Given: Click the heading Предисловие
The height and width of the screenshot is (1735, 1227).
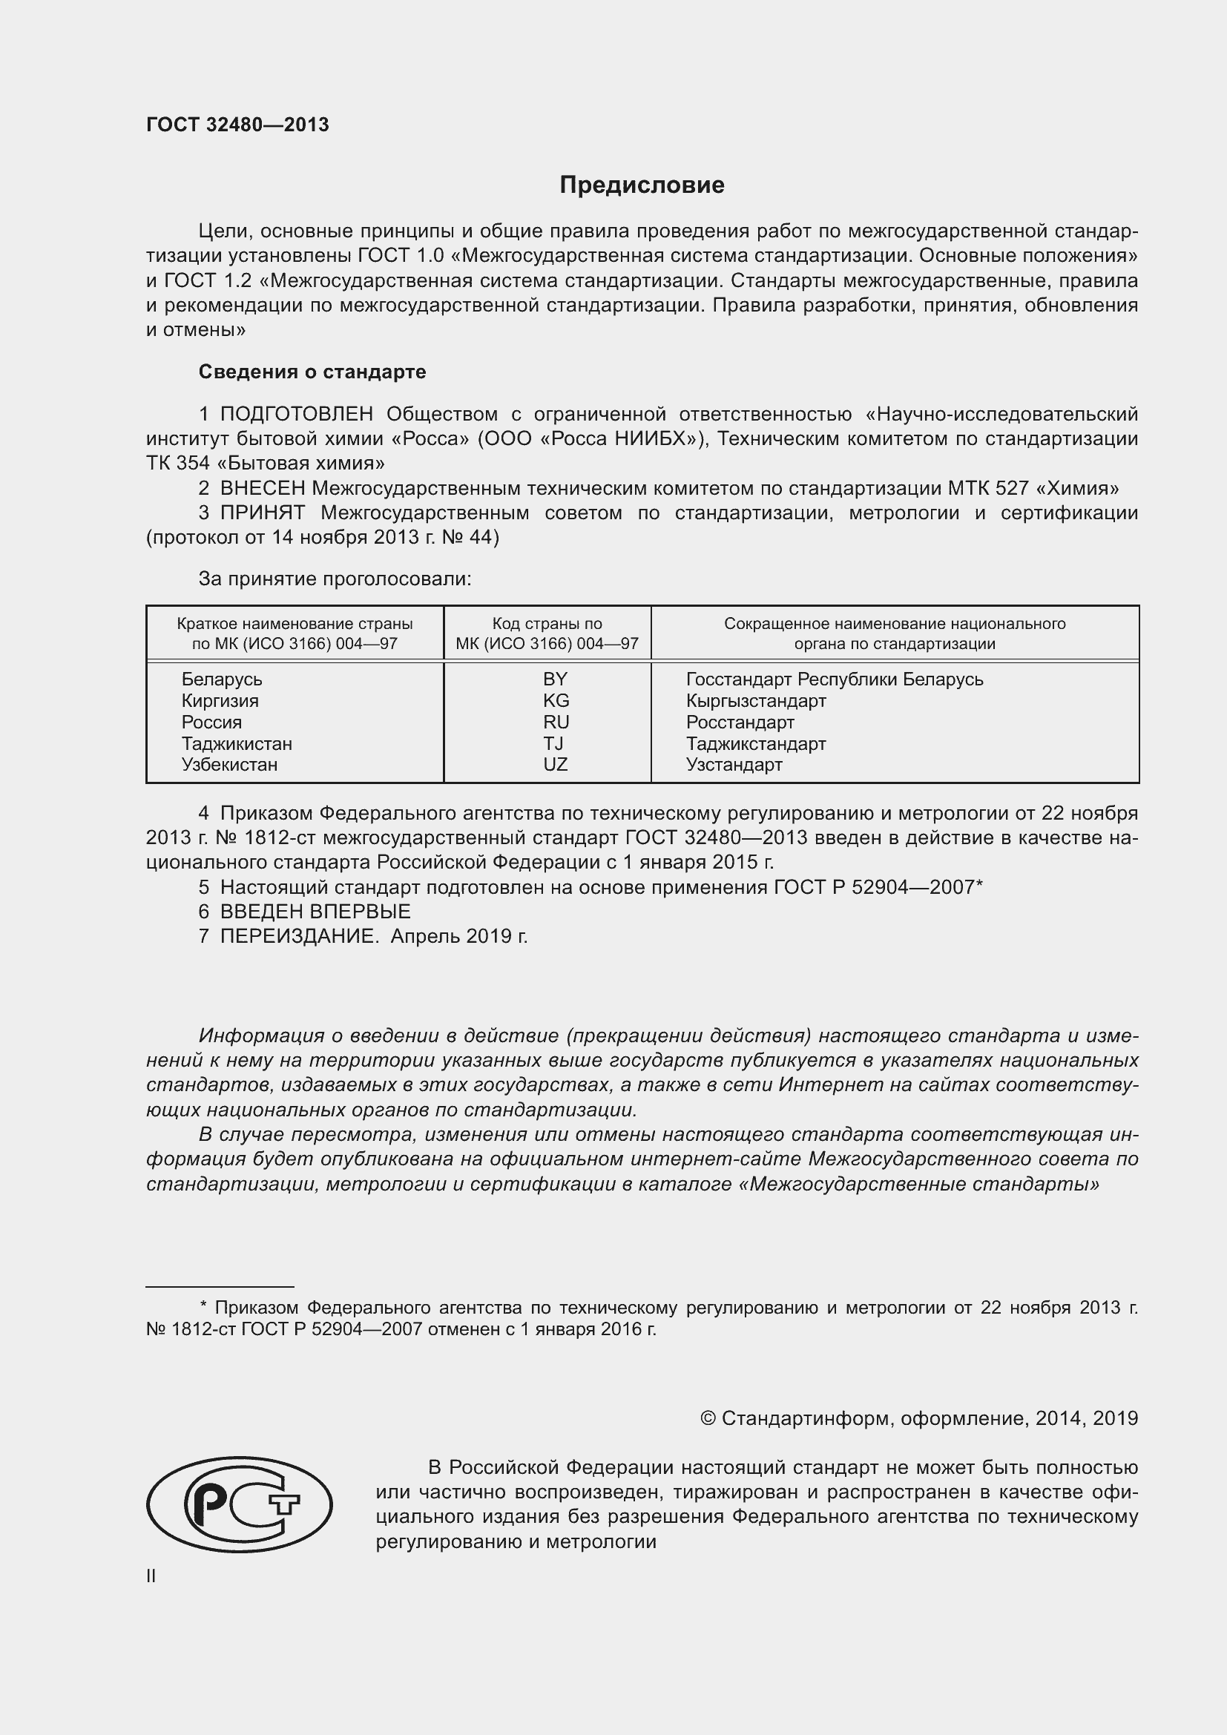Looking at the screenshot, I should pyautogui.click(x=642, y=185).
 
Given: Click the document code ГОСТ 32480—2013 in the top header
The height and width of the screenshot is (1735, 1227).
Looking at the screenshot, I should pyautogui.click(x=237, y=125).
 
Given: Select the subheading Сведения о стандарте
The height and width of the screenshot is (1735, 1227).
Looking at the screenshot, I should pyautogui.click(x=312, y=372).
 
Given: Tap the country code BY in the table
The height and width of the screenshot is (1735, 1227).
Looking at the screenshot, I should pyautogui.click(x=555, y=679).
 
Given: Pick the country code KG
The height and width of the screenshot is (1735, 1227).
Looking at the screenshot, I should pyautogui.click(x=556, y=700).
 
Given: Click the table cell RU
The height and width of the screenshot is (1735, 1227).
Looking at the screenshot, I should pyautogui.click(x=556, y=722).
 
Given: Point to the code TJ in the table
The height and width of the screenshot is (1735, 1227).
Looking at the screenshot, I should pyautogui.click(x=553, y=743).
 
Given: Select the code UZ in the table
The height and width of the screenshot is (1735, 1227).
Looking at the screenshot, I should pyautogui.click(x=555, y=765).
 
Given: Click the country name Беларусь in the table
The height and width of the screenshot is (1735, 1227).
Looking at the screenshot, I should pyautogui.click(x=221, y=679).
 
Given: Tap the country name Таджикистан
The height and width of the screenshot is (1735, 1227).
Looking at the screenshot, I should pyautogui.click(x=237, y=743).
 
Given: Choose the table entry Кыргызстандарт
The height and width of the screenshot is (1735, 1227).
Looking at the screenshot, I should pyautogui.click(x=755, y=700).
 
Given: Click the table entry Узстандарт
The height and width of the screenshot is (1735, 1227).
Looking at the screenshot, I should pyautogui.click(x=734, y=765).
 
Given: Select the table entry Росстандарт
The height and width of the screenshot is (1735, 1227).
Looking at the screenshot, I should pyautogui.click(x=740, y=722).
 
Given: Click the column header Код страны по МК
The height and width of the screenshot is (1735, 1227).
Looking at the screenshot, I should pyautogui.click(x=547, y=634).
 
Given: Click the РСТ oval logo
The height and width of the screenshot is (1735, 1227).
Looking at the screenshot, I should pyautogui.click(x=239, y=1504).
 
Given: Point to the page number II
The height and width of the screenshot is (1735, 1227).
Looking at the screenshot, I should pyautogui.click(x=151, y=1576).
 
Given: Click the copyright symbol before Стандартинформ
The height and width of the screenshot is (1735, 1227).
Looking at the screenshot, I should pyautogui.click(x=708, y=1418).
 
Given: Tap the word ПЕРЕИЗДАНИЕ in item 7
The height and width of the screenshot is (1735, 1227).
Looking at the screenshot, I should pyautogui.click(x=298, y=936).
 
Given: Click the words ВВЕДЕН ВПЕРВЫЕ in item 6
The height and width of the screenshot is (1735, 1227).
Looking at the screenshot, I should pyautogui.click(x=315, y=912).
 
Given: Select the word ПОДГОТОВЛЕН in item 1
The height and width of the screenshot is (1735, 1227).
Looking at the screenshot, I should pyautogui.click(x=296, y=414).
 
